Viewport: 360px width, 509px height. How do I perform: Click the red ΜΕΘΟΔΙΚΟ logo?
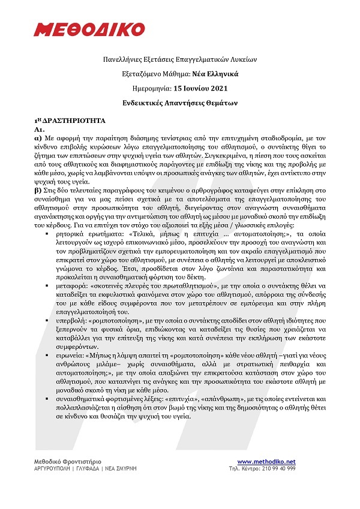click(89, 29)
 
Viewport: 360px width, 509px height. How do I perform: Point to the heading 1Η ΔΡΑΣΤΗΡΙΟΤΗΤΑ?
click(70, 120)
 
